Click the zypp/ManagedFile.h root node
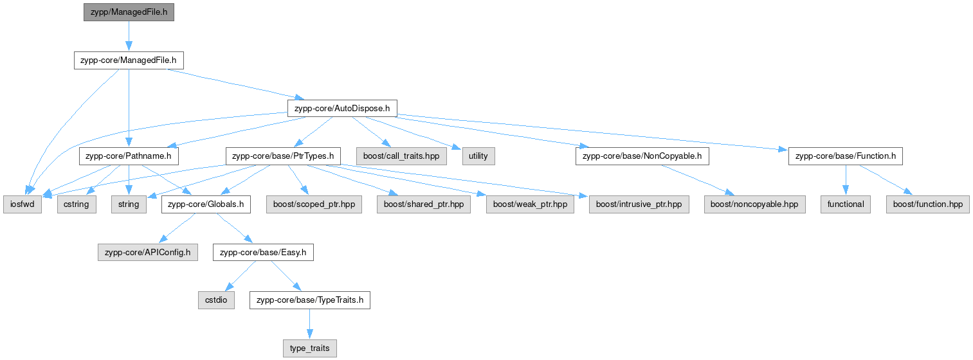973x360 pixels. (129, 12)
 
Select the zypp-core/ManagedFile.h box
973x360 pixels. (129, 60)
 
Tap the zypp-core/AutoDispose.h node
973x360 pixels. (342, 108)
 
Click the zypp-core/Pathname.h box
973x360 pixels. (129, 156)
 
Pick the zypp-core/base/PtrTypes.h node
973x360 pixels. (282, 156)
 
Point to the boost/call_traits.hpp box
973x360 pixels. (401, 156)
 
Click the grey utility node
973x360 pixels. (478, 156)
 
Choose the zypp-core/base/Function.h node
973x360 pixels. (846, 156)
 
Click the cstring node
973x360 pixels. (77, 204)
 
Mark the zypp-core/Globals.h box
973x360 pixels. (205, 204)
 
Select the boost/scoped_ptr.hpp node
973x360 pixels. (313, 204)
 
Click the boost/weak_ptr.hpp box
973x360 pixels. (530, 204)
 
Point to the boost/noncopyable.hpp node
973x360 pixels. (754, 204)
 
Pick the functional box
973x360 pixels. (846, 204)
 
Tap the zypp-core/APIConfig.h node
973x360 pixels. (148, 252)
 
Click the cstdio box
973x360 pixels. (215, 300)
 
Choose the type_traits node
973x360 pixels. (309, 348)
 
